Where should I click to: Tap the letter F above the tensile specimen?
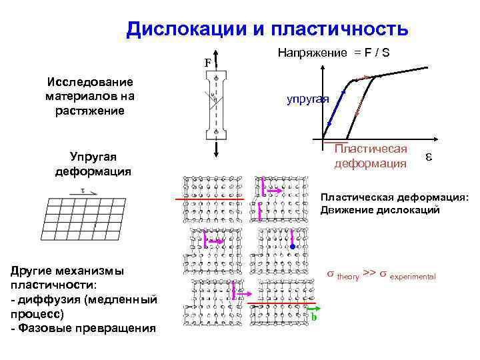[207, 63]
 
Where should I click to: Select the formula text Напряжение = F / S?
[333, 52]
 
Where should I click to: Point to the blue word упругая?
[308, 99]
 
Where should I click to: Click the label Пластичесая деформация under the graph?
[371, 156]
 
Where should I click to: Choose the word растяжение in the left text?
[90, 110]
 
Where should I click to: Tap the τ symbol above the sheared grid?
[82, 191]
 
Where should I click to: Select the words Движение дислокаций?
[380, 210]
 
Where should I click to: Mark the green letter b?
[313, 317]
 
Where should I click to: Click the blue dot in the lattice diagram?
[291, 247]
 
